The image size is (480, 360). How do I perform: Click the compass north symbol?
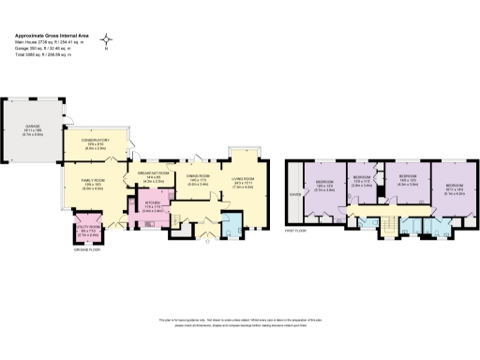click(x=108, y=40)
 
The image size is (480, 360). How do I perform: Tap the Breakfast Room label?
click(x=153, y=175)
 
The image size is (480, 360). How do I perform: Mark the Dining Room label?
click(x=197, y=179)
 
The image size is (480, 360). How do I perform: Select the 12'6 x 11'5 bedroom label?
click(x=362, y=180)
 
